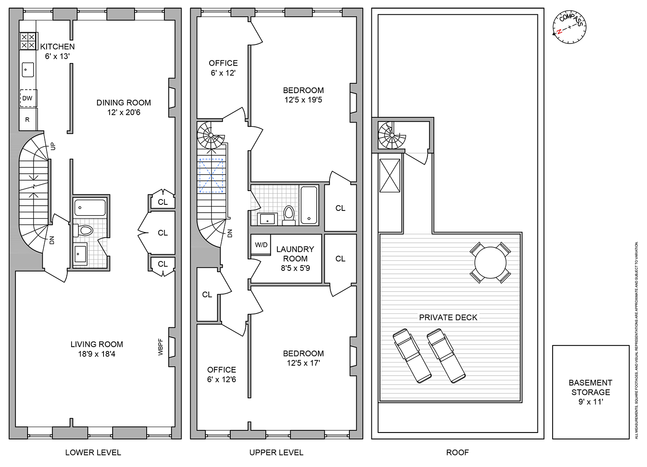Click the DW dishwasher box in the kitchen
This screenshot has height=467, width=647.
point(28,98)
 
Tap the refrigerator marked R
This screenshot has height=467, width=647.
point(28,119)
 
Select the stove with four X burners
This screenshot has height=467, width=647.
point(28,41)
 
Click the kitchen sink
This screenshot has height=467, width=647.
point(28,69)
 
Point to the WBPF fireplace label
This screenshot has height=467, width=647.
point(161,347)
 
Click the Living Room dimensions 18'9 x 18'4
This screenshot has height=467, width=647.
point(97,354)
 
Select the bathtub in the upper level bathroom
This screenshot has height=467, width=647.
point(309,205)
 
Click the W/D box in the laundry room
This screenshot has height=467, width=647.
point(261,245)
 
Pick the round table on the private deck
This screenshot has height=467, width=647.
point(490,262)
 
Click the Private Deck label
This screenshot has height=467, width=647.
point(448,317)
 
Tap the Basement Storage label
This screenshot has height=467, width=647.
point(590,387)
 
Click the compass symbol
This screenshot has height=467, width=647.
point(569,27)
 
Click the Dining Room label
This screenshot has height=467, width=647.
point(124,103)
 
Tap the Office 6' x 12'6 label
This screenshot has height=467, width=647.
point(222,375)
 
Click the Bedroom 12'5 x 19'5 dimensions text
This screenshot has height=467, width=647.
point(303,100)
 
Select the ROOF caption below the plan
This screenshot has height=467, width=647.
point(457,452)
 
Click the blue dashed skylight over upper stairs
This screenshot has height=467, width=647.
point(211,176)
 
